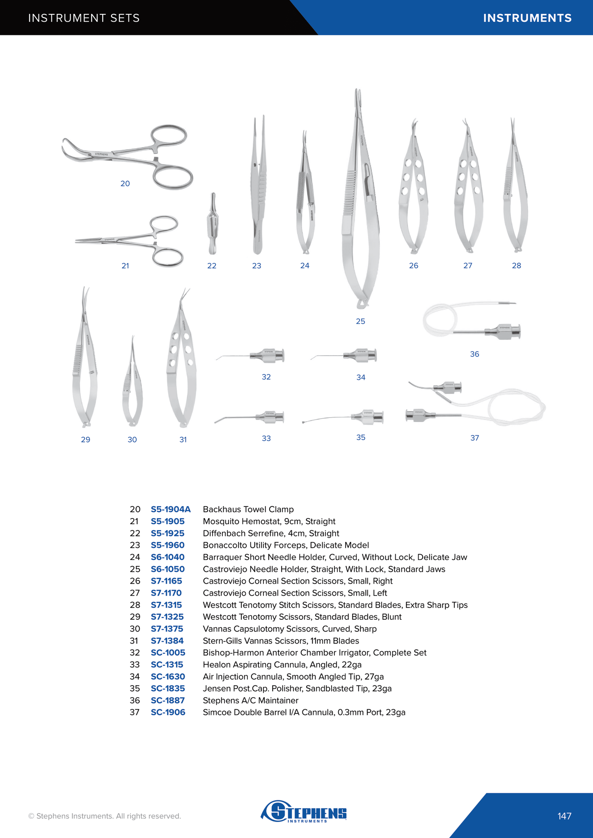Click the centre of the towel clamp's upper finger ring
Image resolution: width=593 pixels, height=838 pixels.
tap(169, 135)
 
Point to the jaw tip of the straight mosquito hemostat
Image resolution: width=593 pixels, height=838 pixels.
tap(76, 242)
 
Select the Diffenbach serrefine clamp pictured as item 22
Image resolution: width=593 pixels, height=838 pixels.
tap(213, 224)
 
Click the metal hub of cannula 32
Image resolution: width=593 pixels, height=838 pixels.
tap(268, 355)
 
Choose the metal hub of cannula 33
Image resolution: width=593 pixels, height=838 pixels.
tap(270, 417)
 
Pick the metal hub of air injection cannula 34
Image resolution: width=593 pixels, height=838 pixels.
tap(360, 355)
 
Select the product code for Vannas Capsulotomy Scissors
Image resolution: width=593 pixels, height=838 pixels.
tap(167, 629)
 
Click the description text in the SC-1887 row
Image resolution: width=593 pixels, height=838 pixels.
tap(250, 701)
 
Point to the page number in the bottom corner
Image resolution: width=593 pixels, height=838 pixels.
tap(564, 816)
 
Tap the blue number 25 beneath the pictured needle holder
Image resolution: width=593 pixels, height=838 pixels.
tap(360, 321)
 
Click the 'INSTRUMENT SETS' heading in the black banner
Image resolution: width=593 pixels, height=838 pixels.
tap(84, 18)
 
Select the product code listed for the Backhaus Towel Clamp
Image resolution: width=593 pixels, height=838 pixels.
tap(171, 509)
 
